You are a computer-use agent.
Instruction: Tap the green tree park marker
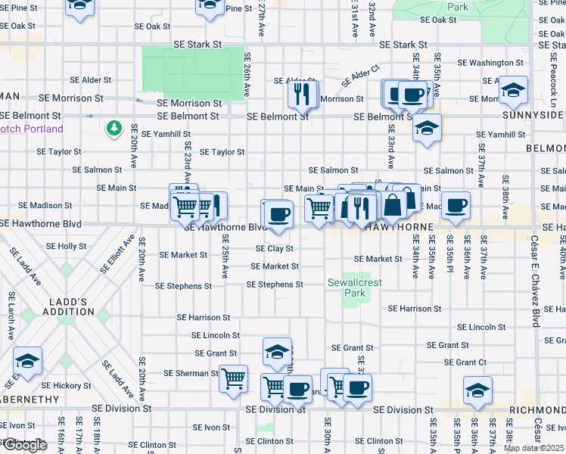click(115, 128)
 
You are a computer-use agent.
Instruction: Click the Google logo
click(24, 445)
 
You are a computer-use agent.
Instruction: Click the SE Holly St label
click(67, 246)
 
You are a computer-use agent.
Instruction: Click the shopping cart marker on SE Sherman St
click(234, 378)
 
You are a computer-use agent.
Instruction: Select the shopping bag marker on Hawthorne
click(394, 204)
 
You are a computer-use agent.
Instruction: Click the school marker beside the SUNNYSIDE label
click(513, 91)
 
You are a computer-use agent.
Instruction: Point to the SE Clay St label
click(274, 248)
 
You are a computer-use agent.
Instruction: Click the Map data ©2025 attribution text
click(533, 448)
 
